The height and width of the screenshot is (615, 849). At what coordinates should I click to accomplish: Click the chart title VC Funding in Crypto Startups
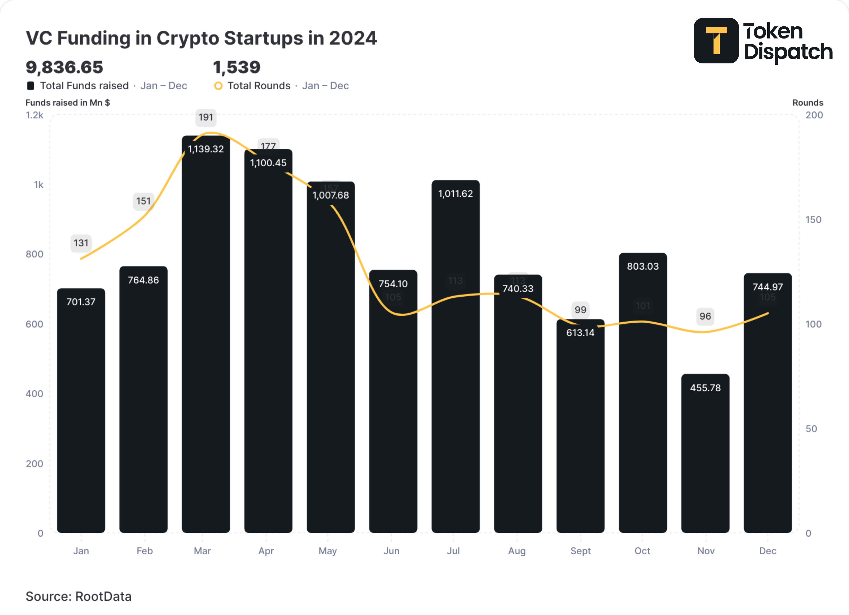click(201, 38)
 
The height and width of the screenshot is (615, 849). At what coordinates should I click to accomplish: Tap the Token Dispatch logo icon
click(716, 41)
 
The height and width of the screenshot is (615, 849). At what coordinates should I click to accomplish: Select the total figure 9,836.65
click(64, 67)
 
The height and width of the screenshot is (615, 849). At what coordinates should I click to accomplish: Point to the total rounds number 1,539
click(236, 67)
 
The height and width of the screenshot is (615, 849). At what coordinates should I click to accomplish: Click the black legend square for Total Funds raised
click(31, 86)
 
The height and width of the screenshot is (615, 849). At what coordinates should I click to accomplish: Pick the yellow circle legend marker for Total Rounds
click(218, 86)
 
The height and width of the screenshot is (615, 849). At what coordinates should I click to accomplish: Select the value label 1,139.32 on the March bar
click(206, 149)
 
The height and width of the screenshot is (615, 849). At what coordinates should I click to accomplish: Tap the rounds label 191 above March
click(206, 117)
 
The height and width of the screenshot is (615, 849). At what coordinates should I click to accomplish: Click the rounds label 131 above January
click(81, 243)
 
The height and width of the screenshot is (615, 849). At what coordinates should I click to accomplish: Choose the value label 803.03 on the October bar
click(642, 266)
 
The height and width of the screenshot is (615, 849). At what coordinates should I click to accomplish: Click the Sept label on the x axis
click(580, 551)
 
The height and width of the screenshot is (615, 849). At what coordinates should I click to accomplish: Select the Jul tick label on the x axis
click(453, 551)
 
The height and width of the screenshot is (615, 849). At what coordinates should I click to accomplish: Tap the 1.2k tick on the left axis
click(34, 115)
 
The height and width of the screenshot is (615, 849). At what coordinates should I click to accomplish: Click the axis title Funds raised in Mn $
click(68, 103)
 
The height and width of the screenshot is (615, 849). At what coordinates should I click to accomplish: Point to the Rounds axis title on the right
click(807, 103)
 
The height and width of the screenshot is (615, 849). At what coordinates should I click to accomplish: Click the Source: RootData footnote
click(78, 596)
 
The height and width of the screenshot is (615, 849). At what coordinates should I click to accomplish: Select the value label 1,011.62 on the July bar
click(455, 194)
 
